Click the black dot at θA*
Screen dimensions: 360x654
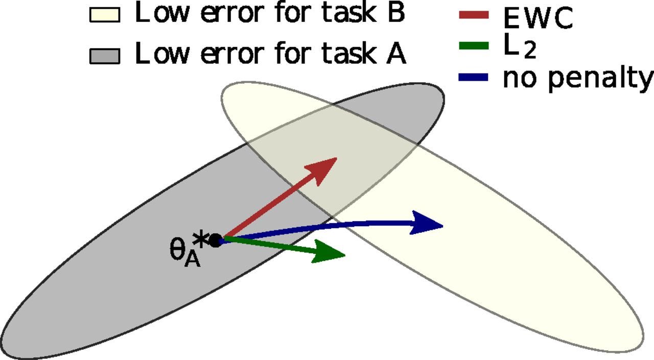tap(216, 241)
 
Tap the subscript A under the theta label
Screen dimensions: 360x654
tap(193, 260)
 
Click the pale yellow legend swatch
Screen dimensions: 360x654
tap(105, 15)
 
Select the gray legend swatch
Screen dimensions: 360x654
tap(105, 56)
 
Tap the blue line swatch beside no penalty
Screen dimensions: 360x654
tap(474, 78)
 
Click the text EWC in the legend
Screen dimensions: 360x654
tap(538, 18)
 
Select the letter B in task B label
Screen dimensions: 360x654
tap(396, 13)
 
